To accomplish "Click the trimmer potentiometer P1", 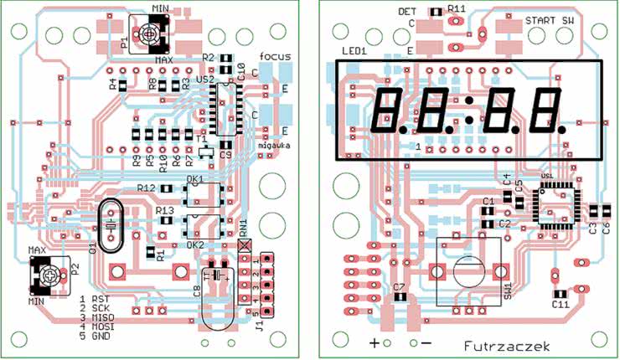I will (149, 34).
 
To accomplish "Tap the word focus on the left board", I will (275, 56).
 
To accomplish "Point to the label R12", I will (146, 188).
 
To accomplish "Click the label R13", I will (164, 211).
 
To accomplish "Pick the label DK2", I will (194, 244).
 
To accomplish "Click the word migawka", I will (274, 146).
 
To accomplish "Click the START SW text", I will (550, 19).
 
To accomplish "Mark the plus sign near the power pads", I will (375, 342).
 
